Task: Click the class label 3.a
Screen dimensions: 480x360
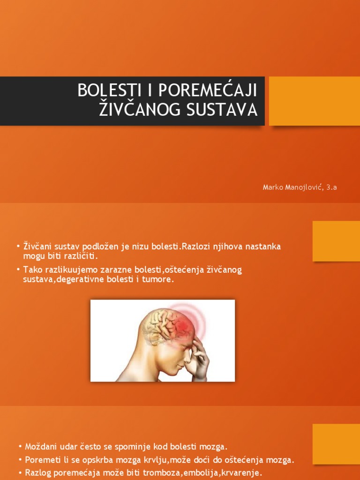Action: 331,187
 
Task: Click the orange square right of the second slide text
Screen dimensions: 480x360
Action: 336,241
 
